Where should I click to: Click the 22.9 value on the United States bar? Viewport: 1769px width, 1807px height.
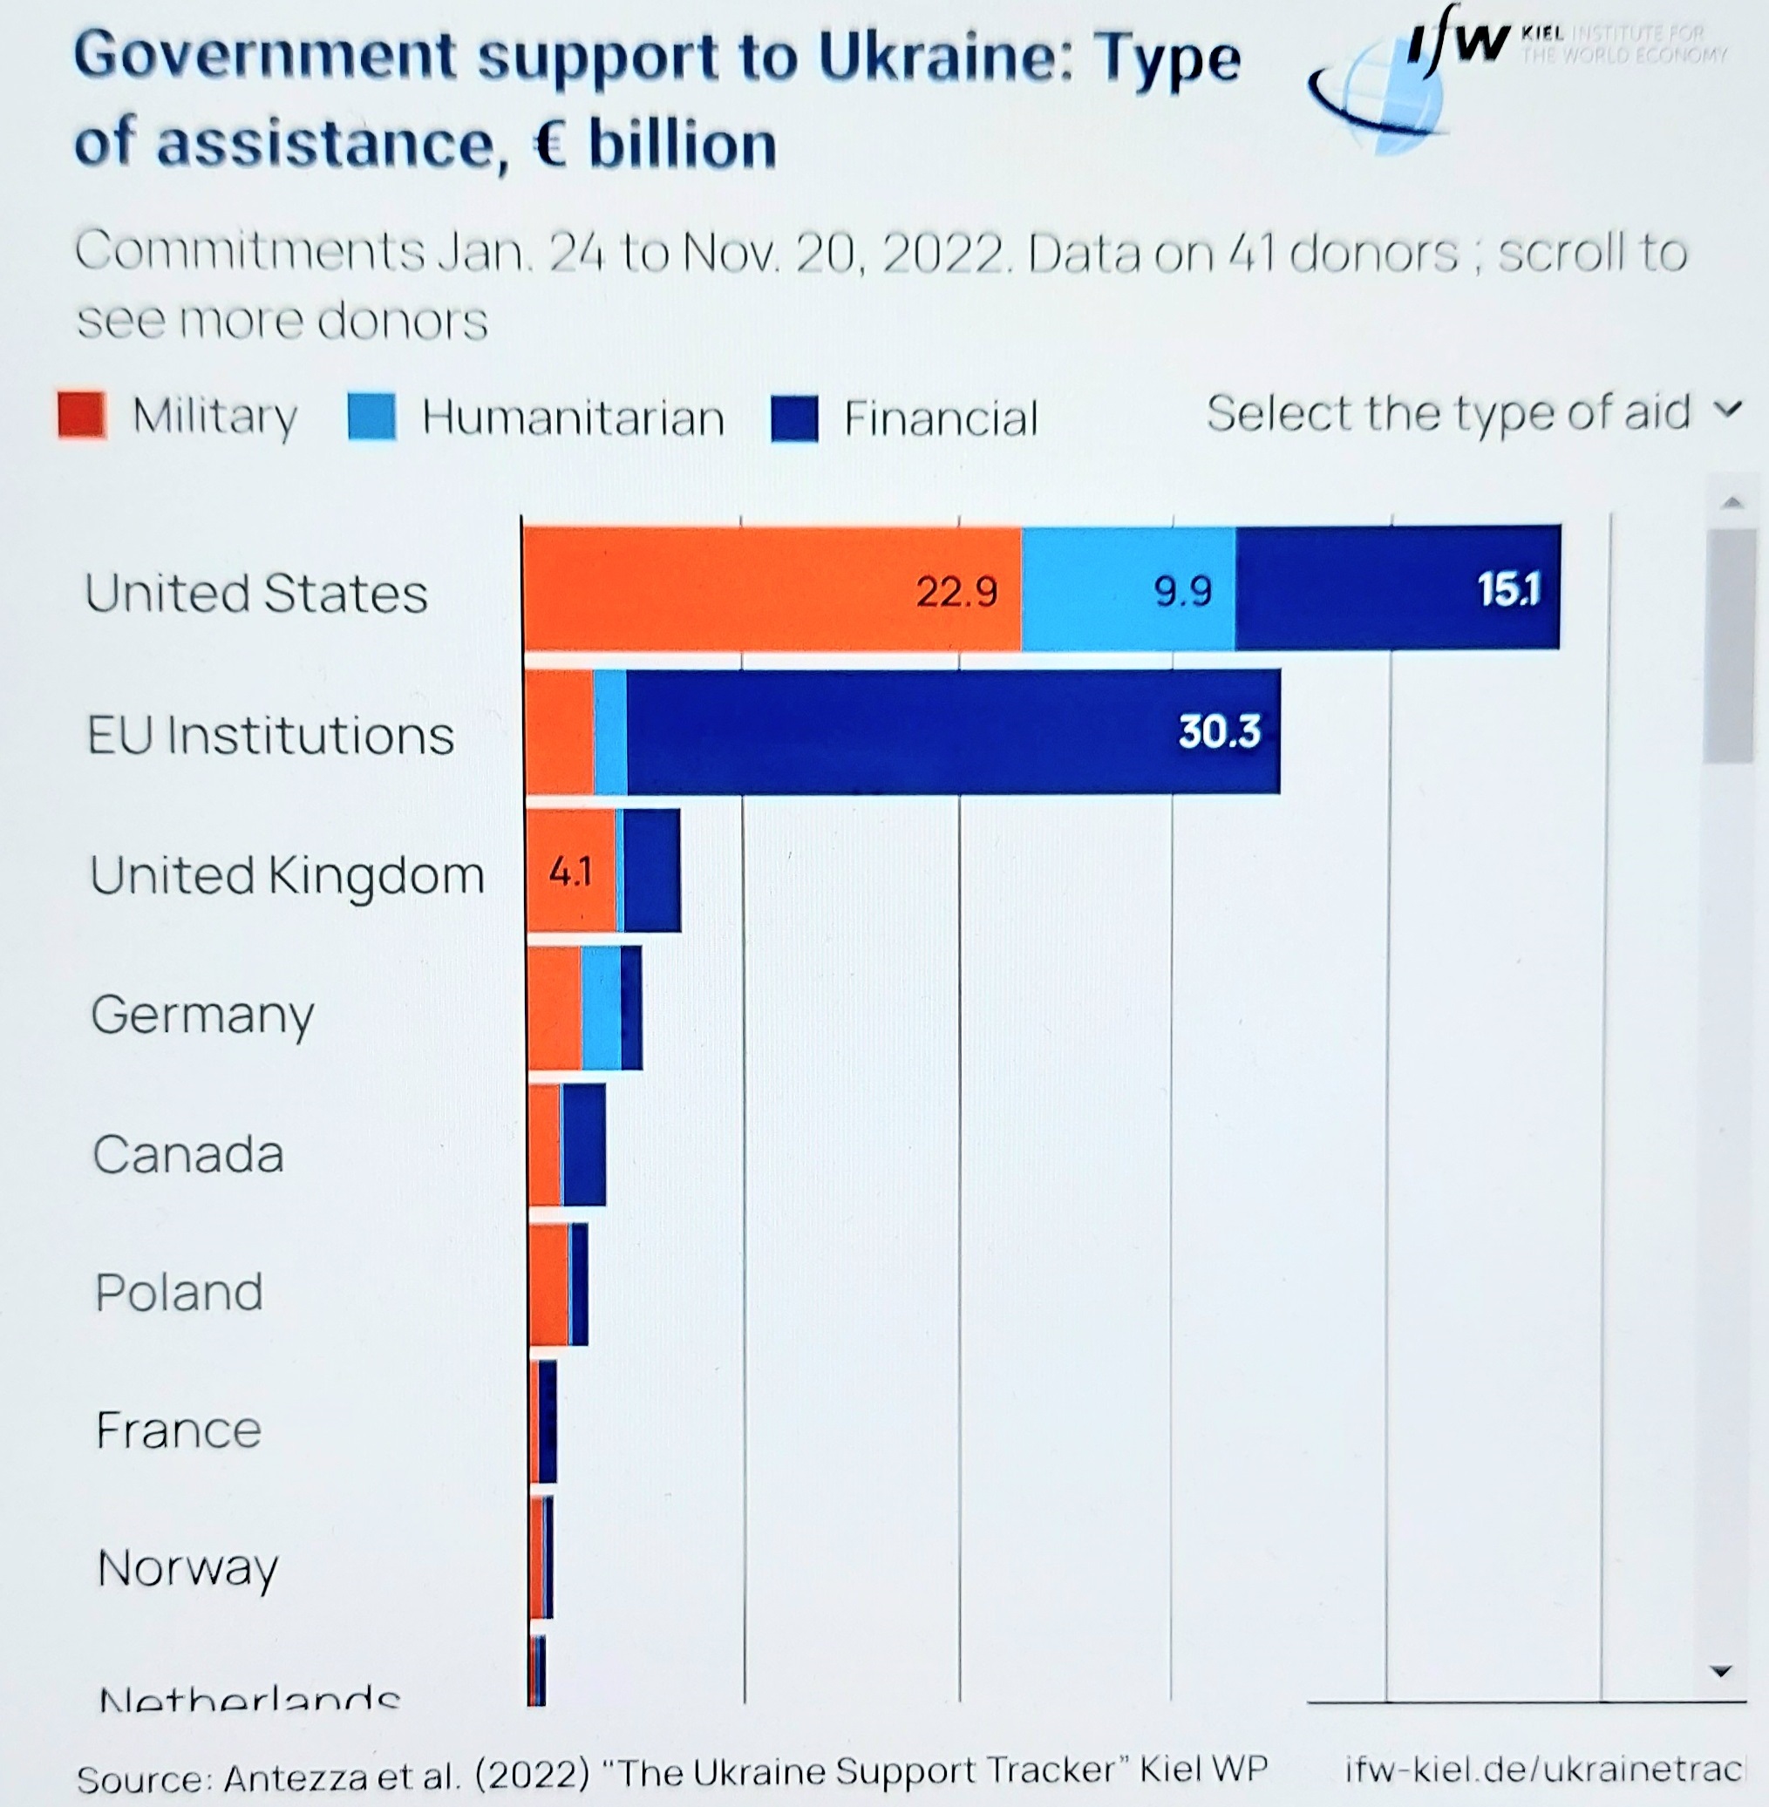(956, 592)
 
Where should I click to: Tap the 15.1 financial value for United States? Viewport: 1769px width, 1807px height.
(1508, 589)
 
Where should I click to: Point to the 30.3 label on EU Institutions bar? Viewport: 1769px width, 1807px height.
(1219, 731)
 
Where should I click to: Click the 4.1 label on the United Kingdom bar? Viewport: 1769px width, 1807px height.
(569, 872)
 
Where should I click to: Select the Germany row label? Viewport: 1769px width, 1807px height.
(202, 1015)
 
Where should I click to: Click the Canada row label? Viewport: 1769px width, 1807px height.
(187, 1154)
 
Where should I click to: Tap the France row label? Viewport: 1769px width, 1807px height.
(179, 1430)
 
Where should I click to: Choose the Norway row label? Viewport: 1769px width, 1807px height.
(187, 1568)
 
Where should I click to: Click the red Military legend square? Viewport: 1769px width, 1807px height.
(82, 414)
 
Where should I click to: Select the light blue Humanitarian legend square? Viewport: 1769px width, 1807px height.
(371, 416)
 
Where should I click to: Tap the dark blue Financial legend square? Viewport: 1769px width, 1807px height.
(794, 418)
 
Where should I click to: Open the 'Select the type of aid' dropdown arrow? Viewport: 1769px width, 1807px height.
(1727, 409)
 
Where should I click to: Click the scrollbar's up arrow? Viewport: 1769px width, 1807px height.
(1731, 503)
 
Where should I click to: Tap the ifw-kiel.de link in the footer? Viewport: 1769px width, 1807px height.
(1542, 1769)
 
